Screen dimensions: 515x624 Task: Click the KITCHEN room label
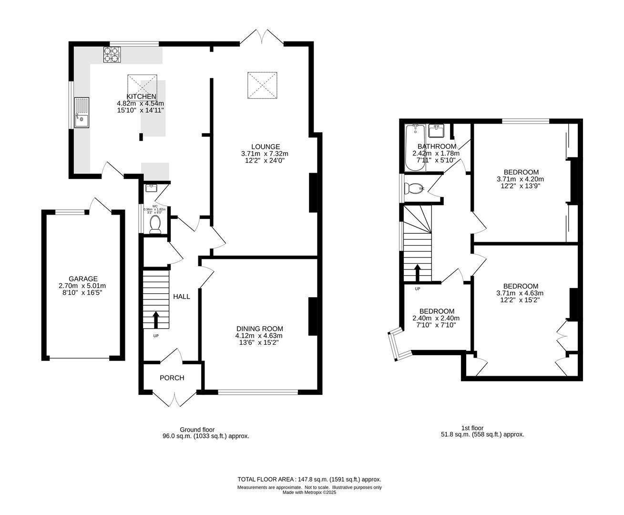141,96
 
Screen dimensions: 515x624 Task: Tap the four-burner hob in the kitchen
113,55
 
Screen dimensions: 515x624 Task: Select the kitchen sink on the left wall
81,113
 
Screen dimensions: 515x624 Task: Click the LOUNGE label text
266,146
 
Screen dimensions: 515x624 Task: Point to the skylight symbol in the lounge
262,86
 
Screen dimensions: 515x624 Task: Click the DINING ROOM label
260,329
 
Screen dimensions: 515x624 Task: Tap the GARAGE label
83,279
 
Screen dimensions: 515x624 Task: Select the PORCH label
172,378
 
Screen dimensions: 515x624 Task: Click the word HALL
181,297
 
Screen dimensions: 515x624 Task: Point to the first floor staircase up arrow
418,273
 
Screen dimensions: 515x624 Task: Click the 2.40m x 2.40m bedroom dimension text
436,319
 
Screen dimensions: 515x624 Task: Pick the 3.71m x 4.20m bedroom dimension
520,179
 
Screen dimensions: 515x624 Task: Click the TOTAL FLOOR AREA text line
309,479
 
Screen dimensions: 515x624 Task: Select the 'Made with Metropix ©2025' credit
309,493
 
